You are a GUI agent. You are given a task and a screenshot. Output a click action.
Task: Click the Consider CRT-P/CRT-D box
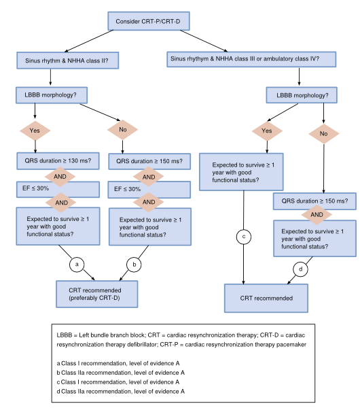click(x=149, y=21)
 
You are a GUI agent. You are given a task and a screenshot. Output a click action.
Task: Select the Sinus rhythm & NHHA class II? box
click(x=67, y=61)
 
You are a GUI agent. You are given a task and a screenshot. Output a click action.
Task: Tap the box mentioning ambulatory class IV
click(x=251, y=59)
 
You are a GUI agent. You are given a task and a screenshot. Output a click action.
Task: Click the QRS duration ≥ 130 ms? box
click(x=58, y=161)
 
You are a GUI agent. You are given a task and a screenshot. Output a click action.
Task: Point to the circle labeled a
click(x=77, y=265)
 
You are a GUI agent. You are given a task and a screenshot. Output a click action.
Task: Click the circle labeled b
click(x=134, y=265)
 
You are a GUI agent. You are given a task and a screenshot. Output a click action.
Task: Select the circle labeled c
click(x=244, y=237)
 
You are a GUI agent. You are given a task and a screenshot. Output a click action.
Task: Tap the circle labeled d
click(x=300, y=269)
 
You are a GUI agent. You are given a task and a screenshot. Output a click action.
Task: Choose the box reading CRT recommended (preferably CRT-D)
click(x=97, y=294)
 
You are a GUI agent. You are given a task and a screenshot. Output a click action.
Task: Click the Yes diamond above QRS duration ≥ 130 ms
click(x=35, y=131)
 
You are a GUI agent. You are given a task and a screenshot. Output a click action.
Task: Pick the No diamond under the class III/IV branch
click(x=324, y=133)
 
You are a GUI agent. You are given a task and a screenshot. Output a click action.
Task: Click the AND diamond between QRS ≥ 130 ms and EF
click(x=60, y=176)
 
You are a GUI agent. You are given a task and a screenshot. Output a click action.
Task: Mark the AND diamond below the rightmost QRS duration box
click(x=317, y=215)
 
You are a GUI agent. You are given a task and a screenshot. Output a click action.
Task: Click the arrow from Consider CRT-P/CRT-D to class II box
click(x=89, y=41)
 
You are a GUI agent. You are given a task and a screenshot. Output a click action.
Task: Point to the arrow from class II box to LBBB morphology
click(x=50, y=77)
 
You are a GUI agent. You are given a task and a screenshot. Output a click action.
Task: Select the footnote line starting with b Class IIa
click(x=121, y=373)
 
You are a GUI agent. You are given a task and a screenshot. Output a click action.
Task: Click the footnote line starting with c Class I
click(x=118, y=382)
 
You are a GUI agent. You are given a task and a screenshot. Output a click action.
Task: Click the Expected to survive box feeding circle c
click(x=241, y=172)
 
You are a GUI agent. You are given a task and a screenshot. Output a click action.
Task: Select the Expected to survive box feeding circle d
click(x=314, y=239)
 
